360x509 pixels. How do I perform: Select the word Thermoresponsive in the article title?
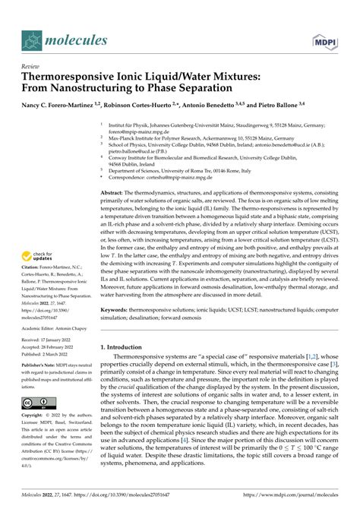pos(73,75)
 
